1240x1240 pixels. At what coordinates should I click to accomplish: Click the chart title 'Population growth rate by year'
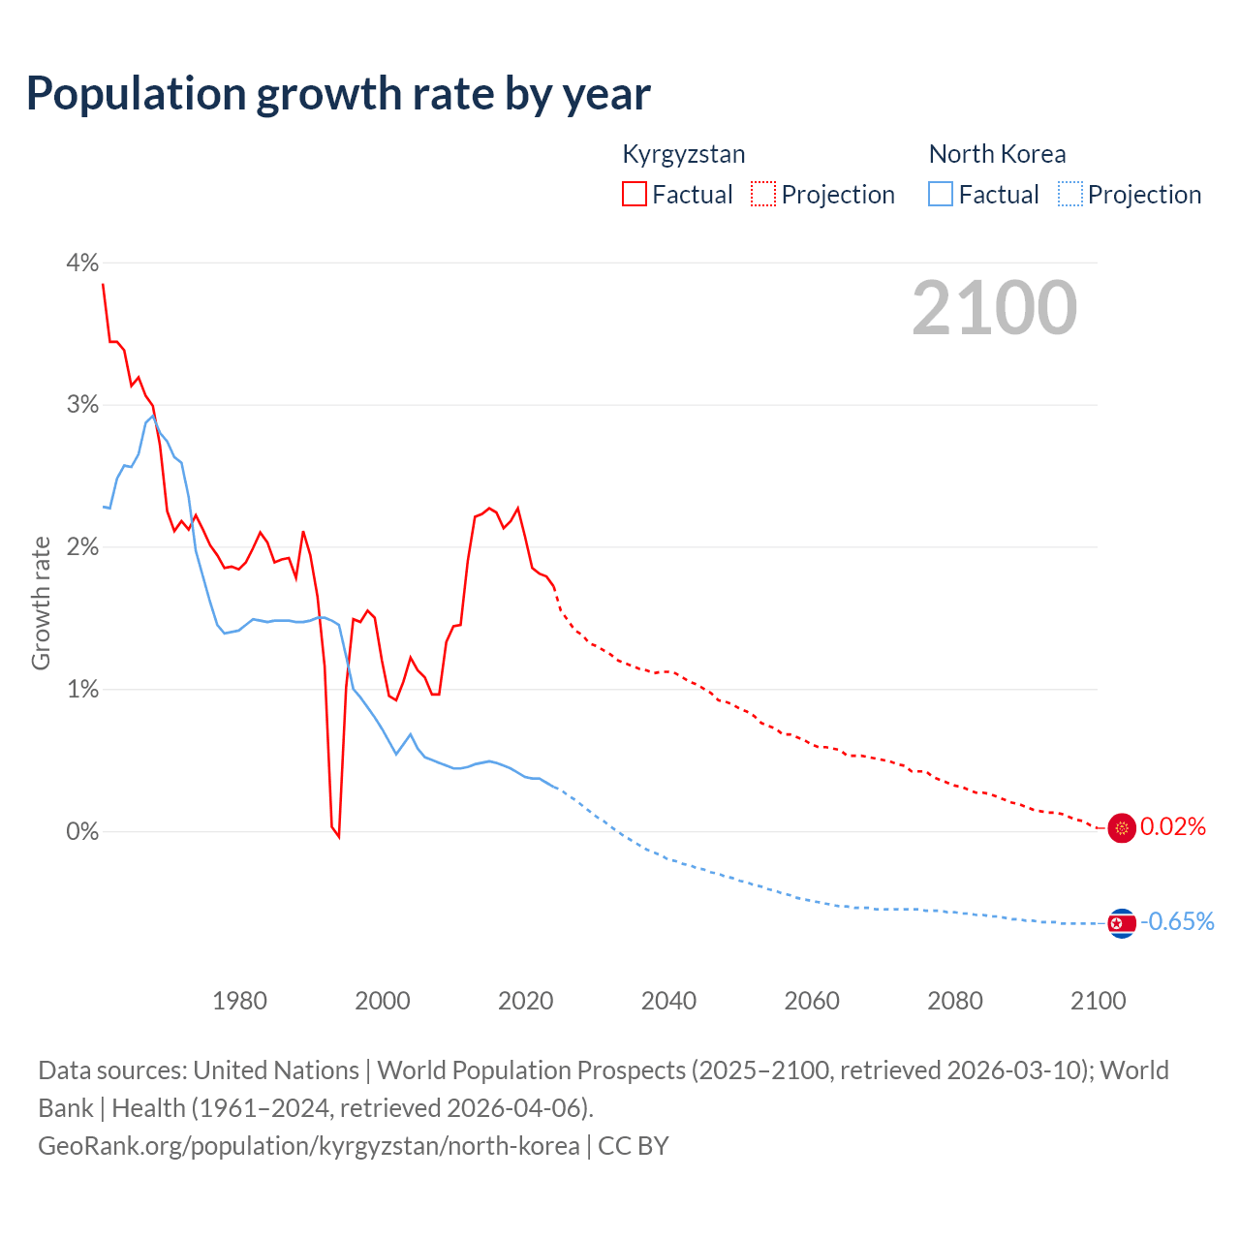coord(338,94)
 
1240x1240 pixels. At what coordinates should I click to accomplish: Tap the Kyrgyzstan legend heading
coord(683,154)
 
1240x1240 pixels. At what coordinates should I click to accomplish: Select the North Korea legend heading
coord(997,154)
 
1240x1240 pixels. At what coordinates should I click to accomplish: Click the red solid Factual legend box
coord(635,194)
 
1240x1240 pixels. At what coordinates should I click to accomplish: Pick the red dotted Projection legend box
coord(763,194)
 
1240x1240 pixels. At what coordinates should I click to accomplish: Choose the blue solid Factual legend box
coord(941,194)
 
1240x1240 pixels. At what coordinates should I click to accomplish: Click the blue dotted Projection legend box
coord(1069,194)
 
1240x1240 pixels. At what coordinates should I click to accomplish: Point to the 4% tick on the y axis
coord(82,263)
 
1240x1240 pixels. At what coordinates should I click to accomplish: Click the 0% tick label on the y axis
coord(82,831)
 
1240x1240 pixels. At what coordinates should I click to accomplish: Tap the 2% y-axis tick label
coord(82,547)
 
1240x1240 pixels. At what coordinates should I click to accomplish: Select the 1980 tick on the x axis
coord(239,1001)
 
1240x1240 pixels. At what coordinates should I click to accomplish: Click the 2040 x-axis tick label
coord(668,1001)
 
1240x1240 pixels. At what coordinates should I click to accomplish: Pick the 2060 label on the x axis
coord(812,1001)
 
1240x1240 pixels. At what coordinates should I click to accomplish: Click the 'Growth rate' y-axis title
coord(41,604)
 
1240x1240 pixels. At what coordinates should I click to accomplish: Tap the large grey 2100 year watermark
coord(994,308)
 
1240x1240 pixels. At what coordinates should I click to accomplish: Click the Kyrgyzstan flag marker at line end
coord(1122,828)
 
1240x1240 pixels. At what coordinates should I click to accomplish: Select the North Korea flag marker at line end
coord(1122,923)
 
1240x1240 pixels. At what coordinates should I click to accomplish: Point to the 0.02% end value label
coord(1173,827)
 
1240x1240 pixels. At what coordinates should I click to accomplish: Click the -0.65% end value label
coord(1177,921)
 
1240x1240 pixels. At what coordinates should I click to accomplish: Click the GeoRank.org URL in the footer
coord(308,1146)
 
